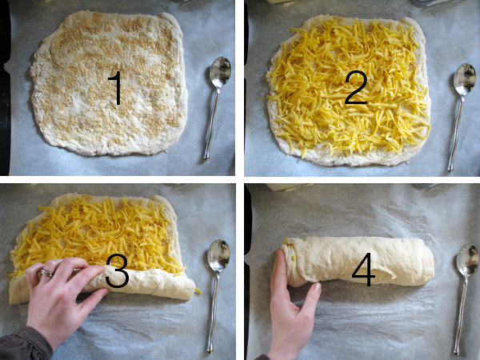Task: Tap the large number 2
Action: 356,87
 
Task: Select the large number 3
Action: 117,271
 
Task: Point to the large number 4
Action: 363,270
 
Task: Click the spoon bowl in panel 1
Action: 220,72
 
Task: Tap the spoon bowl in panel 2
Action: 464,79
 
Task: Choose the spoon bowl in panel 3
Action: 218,256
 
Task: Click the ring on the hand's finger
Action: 46,273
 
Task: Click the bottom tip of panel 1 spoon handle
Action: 207,158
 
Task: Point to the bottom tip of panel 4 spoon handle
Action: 457,352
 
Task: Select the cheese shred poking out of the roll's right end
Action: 198,291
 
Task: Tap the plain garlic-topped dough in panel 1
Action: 109,82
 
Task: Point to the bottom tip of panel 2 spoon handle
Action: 450,169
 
